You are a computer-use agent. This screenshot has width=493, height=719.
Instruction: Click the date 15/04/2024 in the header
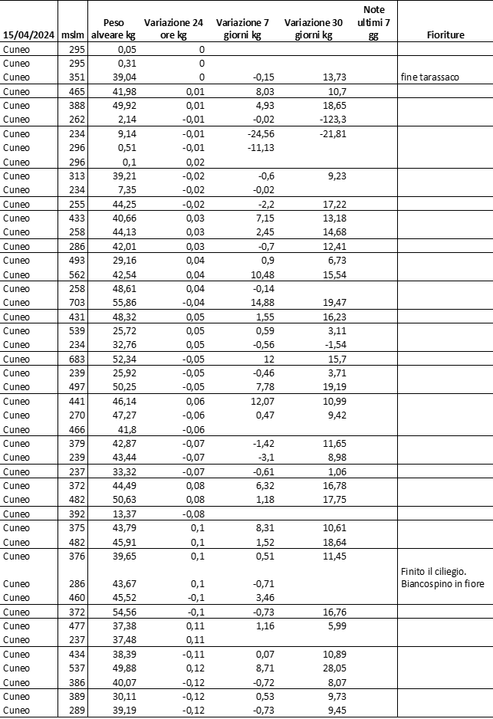tap(28, 34)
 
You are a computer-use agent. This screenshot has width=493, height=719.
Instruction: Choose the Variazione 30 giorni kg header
tap(313, 28)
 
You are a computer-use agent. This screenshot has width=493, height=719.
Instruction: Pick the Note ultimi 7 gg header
tap(373, 22)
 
